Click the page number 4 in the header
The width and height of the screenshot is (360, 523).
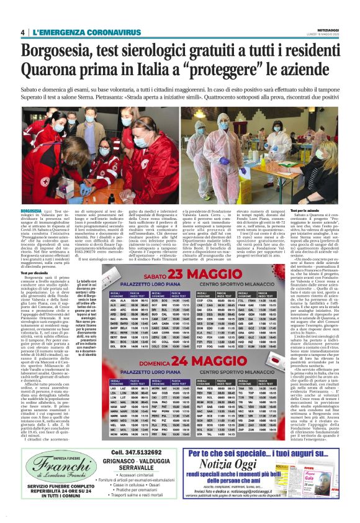pos(23,32)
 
